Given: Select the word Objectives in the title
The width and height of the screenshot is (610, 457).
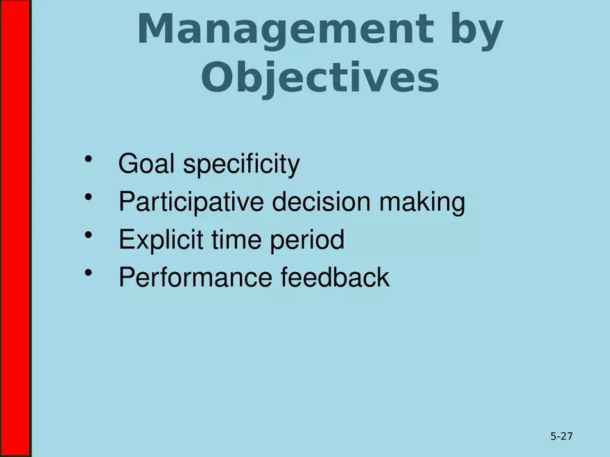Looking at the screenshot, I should (320, 78).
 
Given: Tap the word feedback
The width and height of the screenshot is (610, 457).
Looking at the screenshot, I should (335, 278).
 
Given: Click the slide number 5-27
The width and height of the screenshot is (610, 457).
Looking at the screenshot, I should (561, 436).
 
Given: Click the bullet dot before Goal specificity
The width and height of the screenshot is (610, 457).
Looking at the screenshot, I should (89, 160).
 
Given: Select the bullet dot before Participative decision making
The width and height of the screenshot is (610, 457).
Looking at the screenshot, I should (89, 198).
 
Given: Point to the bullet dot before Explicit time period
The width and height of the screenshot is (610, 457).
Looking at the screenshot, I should (89, 235).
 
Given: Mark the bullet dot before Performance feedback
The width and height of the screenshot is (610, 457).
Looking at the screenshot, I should (89, 273).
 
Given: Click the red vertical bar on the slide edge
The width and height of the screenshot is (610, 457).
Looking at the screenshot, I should (15, 228).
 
